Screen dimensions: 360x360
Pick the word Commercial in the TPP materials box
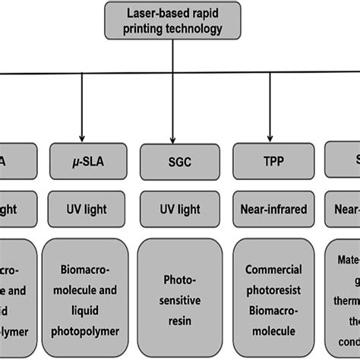(x=273, y=270)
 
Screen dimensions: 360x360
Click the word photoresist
(x=273, y=287)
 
